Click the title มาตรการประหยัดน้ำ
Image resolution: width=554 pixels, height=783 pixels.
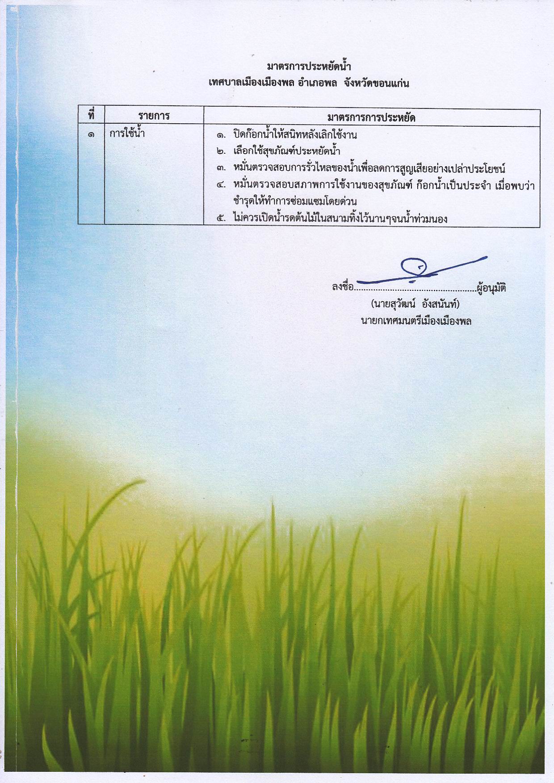click(x=309, y=67)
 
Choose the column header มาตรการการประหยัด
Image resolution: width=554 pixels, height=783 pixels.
click(x=371, y=118)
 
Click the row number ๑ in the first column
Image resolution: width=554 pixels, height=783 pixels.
click(x=91, y=134)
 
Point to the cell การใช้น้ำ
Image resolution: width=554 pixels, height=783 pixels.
click(x=127, y=133)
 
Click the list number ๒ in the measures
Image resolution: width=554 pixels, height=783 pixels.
click(x=221, y=152)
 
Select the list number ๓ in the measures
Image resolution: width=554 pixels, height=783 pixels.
click(x=221, y=169)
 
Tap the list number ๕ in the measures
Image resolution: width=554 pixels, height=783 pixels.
click(x=221, y=219)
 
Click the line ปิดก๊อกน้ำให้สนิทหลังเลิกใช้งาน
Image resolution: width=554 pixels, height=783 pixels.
click(x=295, y=134)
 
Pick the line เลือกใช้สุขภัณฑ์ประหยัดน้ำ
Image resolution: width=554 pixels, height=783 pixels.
click(x=286, y=151)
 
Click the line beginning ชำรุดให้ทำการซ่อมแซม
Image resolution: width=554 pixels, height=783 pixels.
click(x=295, y=201)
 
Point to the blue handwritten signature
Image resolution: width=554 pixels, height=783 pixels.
click(x=418, y=270)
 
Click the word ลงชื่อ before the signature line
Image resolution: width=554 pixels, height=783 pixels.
click(x=343, y=287)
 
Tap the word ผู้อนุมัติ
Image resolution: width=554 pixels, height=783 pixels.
click(x=491, y=288)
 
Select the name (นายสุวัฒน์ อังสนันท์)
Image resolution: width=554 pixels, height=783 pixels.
click(x=415, y=305)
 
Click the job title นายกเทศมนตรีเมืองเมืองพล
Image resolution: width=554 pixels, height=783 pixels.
click(x=416, y=321)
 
